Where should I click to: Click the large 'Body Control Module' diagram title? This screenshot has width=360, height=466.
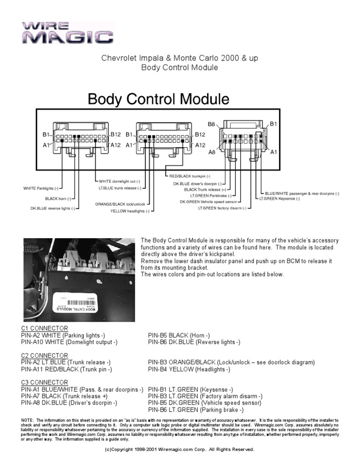coord(158,99)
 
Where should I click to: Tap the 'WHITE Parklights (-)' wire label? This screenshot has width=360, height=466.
coord(41,188)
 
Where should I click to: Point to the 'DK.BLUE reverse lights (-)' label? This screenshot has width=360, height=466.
coord(52,209)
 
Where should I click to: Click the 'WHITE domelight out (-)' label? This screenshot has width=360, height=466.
coord(119,181)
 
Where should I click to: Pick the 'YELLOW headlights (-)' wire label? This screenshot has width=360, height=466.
coord(130,211)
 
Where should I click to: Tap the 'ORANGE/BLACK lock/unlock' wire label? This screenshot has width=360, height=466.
coord(120,204)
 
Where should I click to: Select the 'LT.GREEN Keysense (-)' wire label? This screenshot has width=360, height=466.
coord(280,198)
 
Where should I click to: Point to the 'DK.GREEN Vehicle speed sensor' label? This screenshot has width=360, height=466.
coord(205,202)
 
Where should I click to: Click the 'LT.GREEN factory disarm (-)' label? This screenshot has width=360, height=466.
coord(222,208)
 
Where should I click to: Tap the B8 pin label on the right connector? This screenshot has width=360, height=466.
coord(211,124)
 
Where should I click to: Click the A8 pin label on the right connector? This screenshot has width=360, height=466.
coord(212,152)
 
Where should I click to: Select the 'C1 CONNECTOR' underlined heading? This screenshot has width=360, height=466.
coord(45,328)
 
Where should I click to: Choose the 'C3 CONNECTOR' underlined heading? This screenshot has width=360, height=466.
coord(45,383)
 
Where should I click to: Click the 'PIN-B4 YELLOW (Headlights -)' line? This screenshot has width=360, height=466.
coord(189,369)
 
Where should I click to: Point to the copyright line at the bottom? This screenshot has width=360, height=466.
coord(180,450)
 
